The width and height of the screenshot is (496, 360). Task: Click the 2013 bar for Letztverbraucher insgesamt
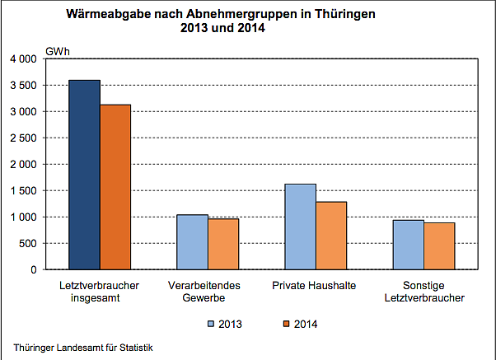[x=84, y=175]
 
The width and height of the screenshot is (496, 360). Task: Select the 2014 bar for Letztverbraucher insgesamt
[x=115, y=187]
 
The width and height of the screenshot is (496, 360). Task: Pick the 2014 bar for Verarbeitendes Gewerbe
[x=223, y=244]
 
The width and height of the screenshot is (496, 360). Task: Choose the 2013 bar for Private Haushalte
[x=300, y=227]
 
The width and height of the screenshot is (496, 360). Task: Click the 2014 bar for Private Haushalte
[x=331, y=236]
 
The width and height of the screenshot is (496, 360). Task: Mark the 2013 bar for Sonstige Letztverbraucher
[x=408, y=245]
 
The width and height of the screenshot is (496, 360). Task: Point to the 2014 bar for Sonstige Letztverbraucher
[x=439, y=246]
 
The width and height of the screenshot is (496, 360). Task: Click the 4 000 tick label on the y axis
[x=22, y=59]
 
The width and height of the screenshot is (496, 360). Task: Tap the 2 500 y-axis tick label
[x=22, y=138]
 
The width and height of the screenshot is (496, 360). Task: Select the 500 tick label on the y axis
[x=28, y=243]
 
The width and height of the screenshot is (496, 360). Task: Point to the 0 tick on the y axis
[x=34, y=269]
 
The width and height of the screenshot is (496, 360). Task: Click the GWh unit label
[x=57, y=52]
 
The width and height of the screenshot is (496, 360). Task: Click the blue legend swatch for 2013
[x=211, y=324]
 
